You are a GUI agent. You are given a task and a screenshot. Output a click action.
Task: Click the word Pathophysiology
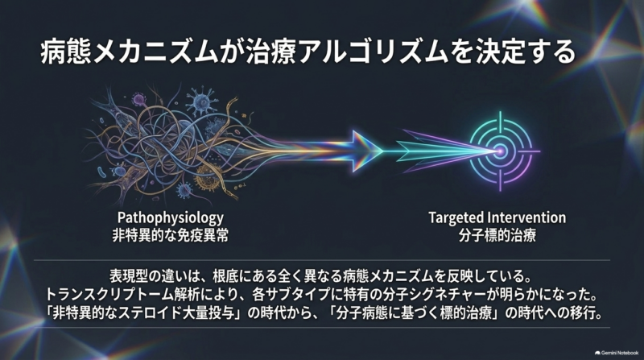click(x=171, y=217)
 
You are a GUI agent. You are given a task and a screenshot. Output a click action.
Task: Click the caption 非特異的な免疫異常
click(x=171, y=235)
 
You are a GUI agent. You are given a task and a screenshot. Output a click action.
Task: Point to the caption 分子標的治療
click(x=497, y=235)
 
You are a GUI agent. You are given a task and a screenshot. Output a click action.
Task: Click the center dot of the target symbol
click(x=500, y=151)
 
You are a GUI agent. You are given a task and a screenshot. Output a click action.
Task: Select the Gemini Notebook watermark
click(x=617, y=353)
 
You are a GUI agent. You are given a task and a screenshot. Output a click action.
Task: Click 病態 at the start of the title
click(x=65, y=52)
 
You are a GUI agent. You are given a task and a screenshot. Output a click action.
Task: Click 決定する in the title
click(x=526, y=52)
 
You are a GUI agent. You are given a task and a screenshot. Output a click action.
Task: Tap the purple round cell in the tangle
click(x=138, y=99)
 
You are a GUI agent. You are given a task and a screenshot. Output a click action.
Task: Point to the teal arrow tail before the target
click(x=415, y=151)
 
